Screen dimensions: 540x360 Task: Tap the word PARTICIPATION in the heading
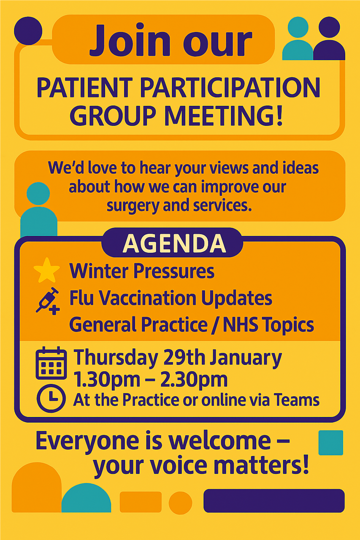(x=230, y=88)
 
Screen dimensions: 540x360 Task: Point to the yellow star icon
(x=46, y=270)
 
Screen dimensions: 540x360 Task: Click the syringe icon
(x=47, y=299)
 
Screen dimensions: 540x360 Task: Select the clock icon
(x=51, y=398)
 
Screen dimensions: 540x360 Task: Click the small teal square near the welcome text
(x=330, y=443)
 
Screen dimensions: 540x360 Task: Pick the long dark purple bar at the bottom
(x=274, y=501)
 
